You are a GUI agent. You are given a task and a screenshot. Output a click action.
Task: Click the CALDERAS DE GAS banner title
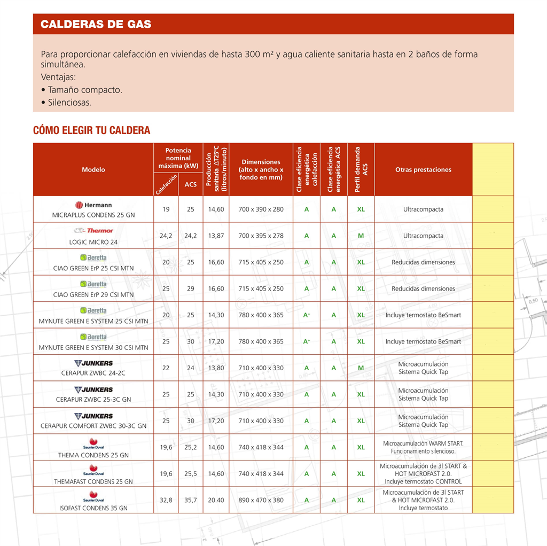[x=96, y=25]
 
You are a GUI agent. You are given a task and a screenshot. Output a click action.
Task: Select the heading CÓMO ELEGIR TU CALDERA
[x=91, y=130]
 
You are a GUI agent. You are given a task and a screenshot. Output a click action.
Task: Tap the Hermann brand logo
[x=93, y=205]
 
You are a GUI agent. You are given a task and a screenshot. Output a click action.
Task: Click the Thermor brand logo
[x=93, y=231]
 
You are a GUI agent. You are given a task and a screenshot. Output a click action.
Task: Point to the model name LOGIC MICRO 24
[x=93, y=242]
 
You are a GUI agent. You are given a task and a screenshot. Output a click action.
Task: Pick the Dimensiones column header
[x=261, y=169]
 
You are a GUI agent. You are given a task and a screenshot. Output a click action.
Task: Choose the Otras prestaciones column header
[x=423, y=169]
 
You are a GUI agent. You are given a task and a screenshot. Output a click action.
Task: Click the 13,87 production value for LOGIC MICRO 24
[x=216, y=236]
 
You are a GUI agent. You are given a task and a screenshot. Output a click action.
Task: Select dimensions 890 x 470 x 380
[x=261, y=500]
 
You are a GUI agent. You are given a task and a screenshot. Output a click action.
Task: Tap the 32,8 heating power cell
[x=166, y=500]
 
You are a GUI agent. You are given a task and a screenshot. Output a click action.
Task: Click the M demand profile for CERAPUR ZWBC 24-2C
[x=361, y=368]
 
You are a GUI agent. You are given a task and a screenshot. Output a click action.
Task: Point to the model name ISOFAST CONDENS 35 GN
[x=93, y=508]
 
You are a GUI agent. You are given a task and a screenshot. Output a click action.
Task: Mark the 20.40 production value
[x=216, y=500]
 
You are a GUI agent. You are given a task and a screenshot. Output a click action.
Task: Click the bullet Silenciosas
[x=69, y=103]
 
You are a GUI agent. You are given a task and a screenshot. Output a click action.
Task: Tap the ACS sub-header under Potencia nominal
[x=191, y=184]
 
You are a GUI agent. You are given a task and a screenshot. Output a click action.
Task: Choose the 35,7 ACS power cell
[x=191, y=500]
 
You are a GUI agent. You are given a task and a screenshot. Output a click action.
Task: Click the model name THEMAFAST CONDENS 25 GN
[x=93, y=482]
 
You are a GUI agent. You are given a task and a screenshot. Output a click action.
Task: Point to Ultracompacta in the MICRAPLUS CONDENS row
[x=423, y=209]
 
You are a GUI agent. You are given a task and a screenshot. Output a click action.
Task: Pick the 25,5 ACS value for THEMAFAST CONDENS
[x=191, y=474]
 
